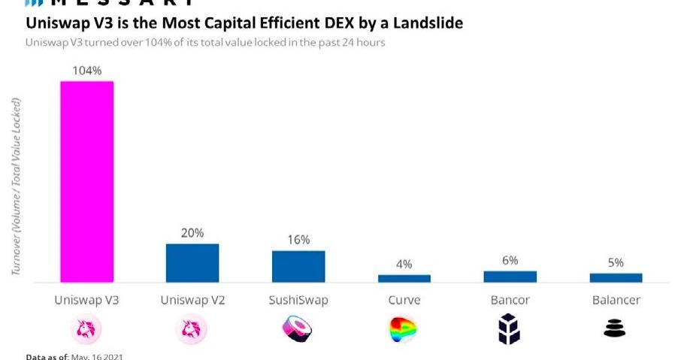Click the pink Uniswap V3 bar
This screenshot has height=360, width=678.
(x=86, y=181)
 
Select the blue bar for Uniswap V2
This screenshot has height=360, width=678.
(x=192, y=263)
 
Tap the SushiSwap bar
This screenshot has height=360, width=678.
(x=298, y=266)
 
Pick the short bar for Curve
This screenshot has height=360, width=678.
(x=404, y=278)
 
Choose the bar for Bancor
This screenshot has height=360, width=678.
(x=510, y=277)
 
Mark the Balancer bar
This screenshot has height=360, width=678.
(x=616, y=277)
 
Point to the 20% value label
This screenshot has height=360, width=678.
(x=192, y=232)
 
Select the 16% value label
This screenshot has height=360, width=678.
(x=298, y=239)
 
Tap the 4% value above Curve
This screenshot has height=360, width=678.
(x=404, y=264)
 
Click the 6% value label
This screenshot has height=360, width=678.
(x=510, y=260)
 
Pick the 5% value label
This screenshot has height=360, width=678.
(x=616, y=262)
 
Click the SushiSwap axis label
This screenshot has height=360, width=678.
(x=298, y=301)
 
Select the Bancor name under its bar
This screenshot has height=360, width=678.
(x=510, y=301)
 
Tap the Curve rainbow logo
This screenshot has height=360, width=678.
(x=403, y=328)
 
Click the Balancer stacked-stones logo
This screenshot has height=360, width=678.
(x=615, y=328)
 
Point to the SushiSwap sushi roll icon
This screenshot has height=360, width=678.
(x=297, y=328)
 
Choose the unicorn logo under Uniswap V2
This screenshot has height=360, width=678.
(x=192, y=328)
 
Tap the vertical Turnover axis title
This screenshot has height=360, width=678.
(x=17, y=185)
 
